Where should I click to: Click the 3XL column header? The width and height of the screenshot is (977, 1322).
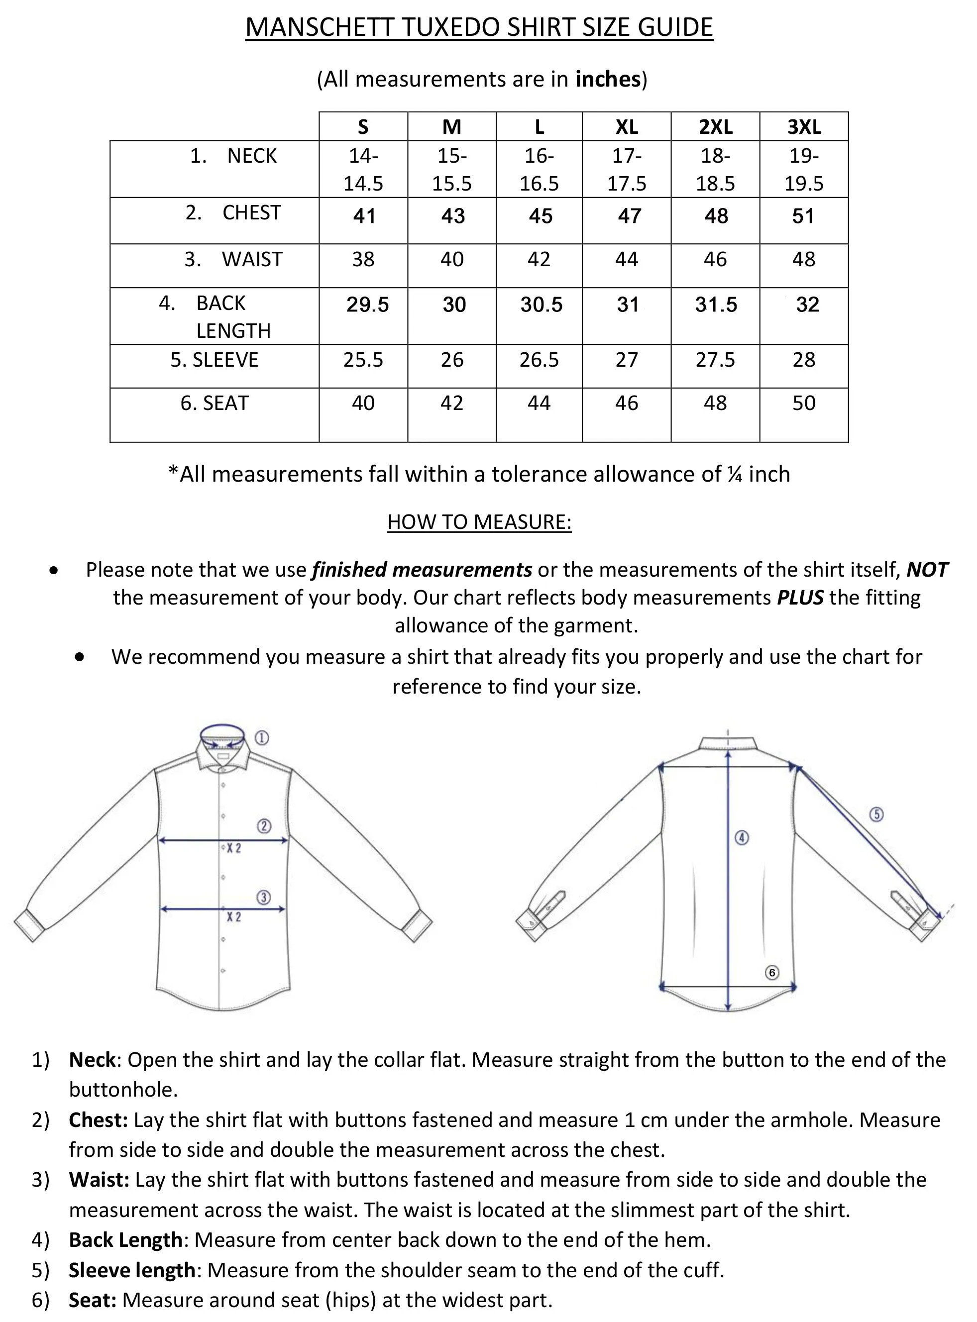(804, 127)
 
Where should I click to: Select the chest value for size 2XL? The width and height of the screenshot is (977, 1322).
(716, 216)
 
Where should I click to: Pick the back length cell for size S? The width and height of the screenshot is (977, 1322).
(367, 305)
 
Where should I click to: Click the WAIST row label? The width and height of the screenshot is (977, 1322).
(252, 260)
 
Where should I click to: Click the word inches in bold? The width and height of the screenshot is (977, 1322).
(608, 79)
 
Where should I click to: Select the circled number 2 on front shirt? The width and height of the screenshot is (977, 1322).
(264, 826)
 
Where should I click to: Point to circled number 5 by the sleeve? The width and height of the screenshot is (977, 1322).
(876, 814)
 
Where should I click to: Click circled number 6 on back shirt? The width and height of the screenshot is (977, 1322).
(772, 973)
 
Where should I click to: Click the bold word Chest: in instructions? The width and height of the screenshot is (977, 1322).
(98, 1120)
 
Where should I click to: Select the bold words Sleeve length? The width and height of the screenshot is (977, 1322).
(132, 1270)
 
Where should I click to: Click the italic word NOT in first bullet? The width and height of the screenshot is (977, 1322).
(927, 570)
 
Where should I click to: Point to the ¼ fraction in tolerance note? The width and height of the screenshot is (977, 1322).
(735, 475)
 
